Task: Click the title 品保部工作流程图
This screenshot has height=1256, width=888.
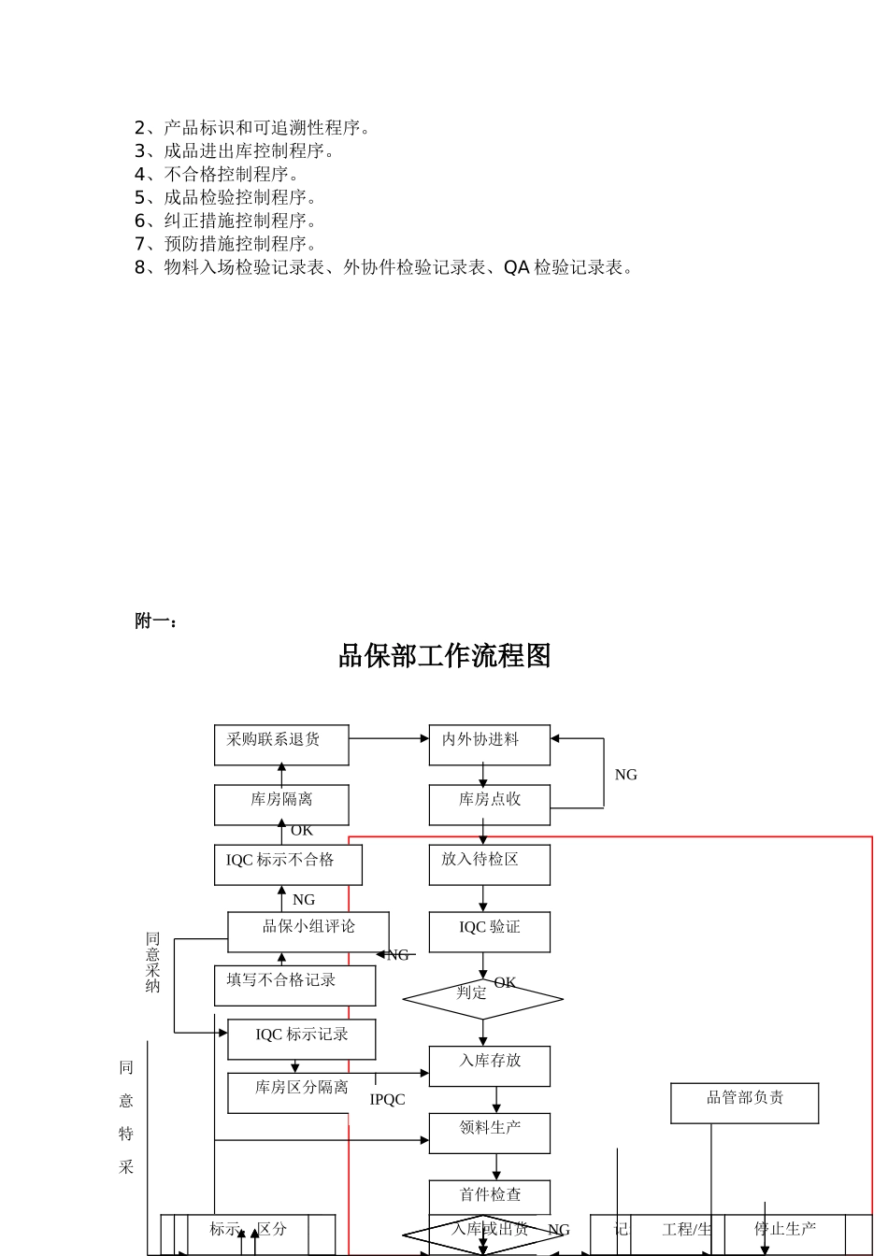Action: pos(444,656)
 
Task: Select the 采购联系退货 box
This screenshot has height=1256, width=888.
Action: pos(281,745)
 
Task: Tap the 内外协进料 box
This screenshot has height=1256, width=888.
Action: pos(489,745)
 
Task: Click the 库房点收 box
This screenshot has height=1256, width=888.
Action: pos(489,805)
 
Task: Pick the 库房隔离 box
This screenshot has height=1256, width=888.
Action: pos(281,805)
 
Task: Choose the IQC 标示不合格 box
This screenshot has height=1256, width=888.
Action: pos(288,864)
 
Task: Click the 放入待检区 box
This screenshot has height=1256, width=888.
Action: pos(489,864)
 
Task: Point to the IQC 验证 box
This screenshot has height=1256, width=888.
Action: pos(489,932)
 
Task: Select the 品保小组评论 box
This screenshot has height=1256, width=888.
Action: pos(308,932)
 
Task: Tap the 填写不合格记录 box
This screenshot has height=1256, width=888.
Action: pos(294,985)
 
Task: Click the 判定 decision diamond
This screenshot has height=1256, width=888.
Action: pos(482,999)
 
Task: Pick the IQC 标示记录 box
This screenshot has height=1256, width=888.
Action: pos(302,1038)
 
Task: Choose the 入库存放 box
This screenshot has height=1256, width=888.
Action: pos(489,1065)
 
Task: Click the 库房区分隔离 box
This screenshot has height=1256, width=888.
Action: pos(302,1092)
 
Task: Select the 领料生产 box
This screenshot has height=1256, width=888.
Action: pos(489,1133)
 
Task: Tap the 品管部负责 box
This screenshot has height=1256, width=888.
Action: pos(744,1103)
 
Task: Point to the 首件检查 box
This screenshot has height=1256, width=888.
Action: pos(489,1196)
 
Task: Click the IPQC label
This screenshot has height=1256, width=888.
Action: pos(387,1100)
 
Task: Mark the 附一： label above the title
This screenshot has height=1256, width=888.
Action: pos(156,621)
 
